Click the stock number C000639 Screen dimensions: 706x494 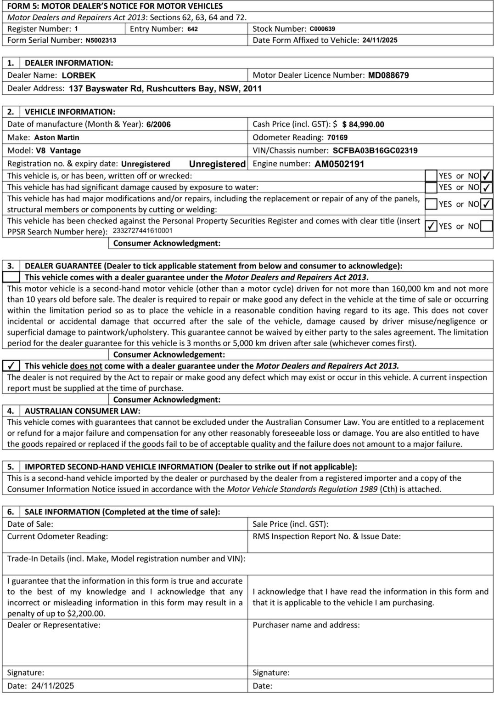pyautogui.click(x=322, y=28)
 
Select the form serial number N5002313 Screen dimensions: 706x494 pyautogui.click(x=101, y=40)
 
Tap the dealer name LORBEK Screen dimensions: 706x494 pyautogui.click(x=79, y=75)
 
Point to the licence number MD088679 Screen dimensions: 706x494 pyautogui.click(x=388, y=75)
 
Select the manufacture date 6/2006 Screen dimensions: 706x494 pyautogui.click(x=158, y=125)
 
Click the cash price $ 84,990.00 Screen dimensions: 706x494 pyautogui.click(x=363, y=125)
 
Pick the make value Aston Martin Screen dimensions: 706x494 pyautogui.click(x=57, y=137)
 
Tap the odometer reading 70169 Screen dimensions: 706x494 pyautogui.click(x=337, y=137)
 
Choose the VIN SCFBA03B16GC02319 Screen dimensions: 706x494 pyautogui.click(x=375, y=151)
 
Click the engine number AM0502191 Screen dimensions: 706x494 pyautogui.click(x=339, y=164)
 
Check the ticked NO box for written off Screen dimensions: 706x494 pyautogui.click(x=486, y=176)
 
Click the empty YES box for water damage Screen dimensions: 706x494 pyautogui.click(x=431, y=188)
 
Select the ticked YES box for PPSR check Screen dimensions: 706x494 pyautogui.click(x=431, y=226)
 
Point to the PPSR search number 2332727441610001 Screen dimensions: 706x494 pyautogui.click(x=142, y=231)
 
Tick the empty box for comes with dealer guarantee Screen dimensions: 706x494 pyautogui.click(x=11, y=277)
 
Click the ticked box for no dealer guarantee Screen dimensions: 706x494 pyautogui.click(x=11, y=366)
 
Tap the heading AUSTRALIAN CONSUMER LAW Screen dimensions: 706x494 pyautogui.click(x=83, y=411)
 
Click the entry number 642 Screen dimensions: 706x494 pyautogui.click(x=193, y=29)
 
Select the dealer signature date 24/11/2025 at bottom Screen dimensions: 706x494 pyautogui.click(x=53, y=686)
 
